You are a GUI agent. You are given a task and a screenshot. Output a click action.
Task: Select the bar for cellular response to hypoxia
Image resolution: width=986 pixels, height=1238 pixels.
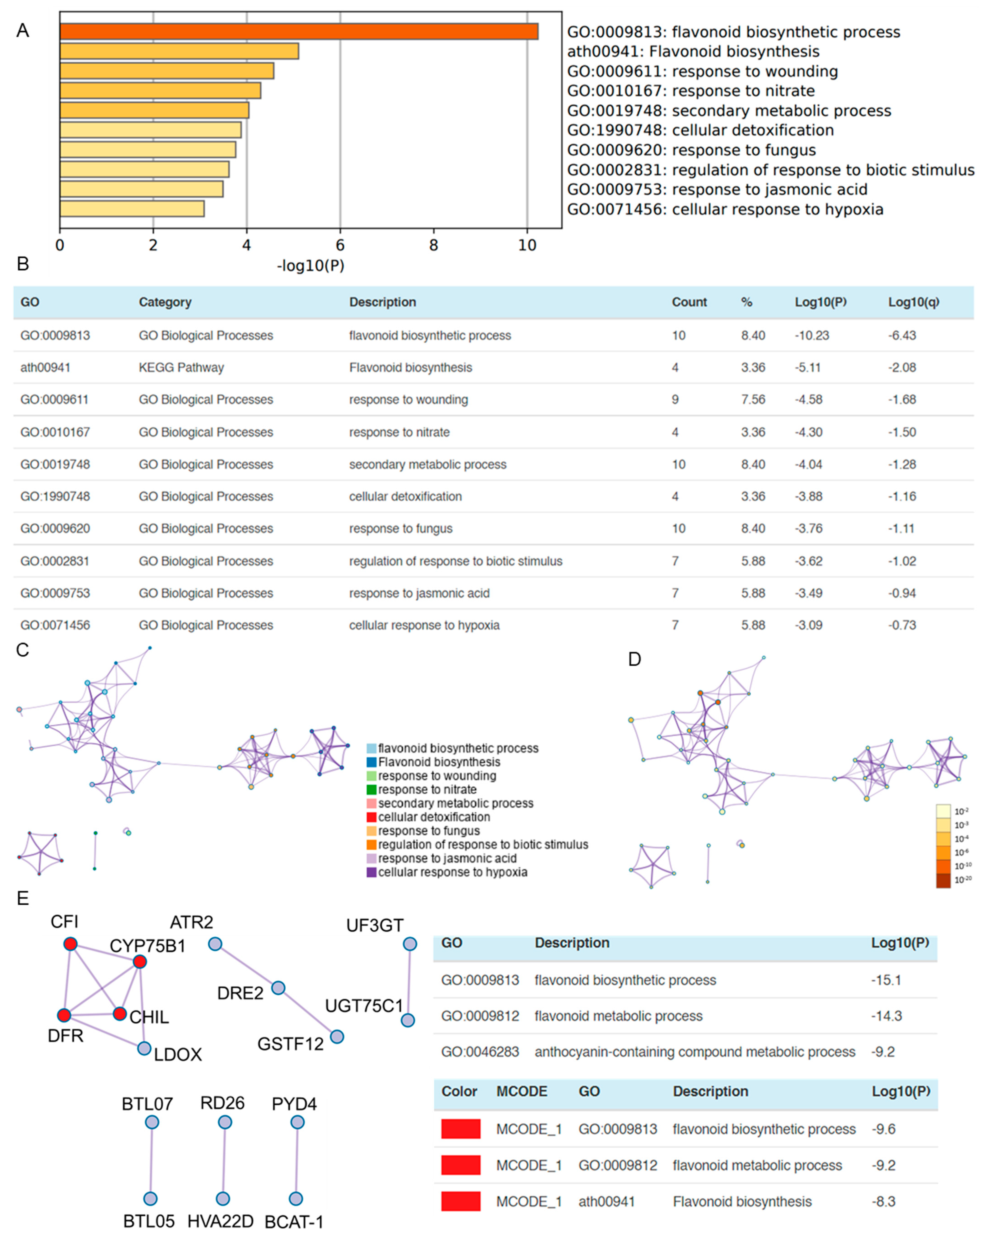point(132,208)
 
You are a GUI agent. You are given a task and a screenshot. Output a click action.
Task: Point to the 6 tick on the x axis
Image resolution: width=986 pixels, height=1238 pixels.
point(340,245)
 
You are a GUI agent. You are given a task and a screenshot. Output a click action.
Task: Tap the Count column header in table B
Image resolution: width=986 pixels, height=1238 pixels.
point(689,302)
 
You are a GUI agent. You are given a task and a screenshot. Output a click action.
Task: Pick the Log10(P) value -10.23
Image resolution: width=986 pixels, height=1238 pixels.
point(811,335)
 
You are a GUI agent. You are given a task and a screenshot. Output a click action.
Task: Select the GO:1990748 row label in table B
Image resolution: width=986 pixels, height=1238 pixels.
point(55,496)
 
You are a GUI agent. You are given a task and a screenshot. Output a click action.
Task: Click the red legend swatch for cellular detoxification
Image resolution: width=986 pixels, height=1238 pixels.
point(372,817)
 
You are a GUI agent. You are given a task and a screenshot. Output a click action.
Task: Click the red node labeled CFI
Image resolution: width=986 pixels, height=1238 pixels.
point(70,944)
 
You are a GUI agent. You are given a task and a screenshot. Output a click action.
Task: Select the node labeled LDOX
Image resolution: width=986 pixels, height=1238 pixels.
point(144,1049)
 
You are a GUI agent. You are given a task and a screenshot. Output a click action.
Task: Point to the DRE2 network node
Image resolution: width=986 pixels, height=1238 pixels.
point(278,988)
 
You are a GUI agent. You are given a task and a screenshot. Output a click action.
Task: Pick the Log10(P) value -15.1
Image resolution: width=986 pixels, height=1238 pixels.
point(885,980)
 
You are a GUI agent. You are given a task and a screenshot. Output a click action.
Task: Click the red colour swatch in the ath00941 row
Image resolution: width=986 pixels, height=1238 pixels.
point(460,1201)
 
